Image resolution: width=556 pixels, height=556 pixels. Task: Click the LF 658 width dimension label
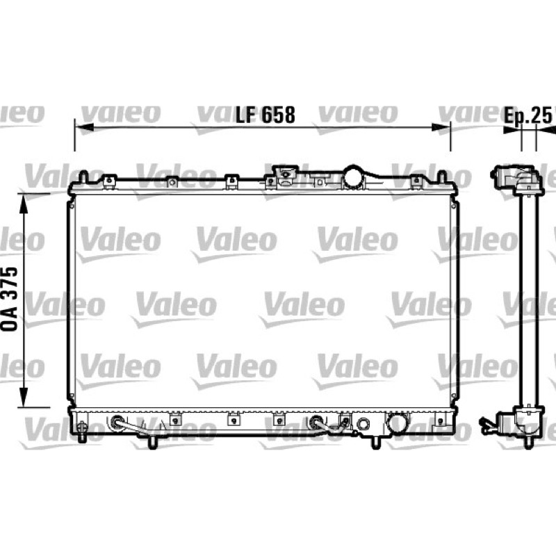click(265, 115)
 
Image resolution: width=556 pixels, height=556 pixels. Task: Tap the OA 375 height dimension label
click(10, 299)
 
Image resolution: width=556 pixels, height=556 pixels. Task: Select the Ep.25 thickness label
click(528, 115)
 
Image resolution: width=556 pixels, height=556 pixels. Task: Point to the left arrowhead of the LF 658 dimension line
click(84, 127)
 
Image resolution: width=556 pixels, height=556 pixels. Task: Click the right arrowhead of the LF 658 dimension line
click(441, 127)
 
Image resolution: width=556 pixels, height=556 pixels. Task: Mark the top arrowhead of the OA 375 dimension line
click(24, 204)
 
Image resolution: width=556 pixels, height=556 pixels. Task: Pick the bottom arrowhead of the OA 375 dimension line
click(24, 398)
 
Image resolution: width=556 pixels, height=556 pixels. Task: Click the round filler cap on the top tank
click(354, 177)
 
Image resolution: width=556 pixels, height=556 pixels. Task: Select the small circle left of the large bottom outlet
click(363, 423)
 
